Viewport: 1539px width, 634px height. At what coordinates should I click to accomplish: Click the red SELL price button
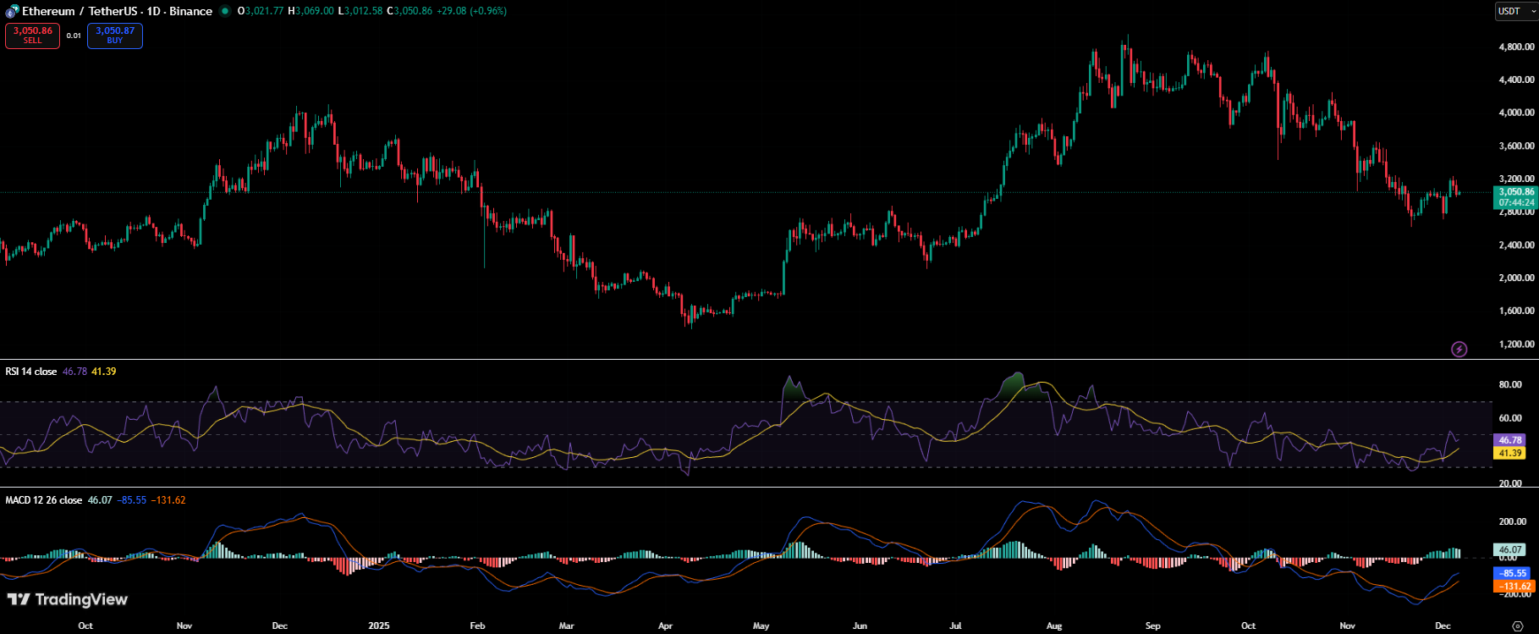click(x=32, y=36)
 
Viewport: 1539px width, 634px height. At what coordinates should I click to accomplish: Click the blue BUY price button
click(x=115, y=36)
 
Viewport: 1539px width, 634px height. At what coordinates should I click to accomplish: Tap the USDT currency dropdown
click(x=1515, y=11)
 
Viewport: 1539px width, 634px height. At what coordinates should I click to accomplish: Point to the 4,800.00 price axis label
click(x=1516, y=47)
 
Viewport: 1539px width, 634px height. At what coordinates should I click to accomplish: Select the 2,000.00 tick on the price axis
click(x=1516, y=278)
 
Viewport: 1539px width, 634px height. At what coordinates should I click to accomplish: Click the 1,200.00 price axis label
click(x=1516, y=345)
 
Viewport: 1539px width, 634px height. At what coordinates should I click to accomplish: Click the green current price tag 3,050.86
click(x=1516, y=192)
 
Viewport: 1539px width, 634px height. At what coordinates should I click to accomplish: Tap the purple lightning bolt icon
click(x=1459, y=349)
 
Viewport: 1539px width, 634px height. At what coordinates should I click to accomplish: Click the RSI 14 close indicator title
click(x=31, y=372)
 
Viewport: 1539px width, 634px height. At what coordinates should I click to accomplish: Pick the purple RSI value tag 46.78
click(x=1510, y=440)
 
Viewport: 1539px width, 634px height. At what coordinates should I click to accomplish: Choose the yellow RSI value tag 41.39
click(x=1510, y=453)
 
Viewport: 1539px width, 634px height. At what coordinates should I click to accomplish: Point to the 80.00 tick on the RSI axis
click(x=1510, y=385)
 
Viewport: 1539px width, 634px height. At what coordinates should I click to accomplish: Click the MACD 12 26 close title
click(x=44, y=500)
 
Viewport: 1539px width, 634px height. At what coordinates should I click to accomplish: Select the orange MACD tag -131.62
click(x=1515, y=586)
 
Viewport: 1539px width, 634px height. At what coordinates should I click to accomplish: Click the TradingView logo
click(x=68, y=599)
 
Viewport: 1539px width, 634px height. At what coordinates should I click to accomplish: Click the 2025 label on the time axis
click(x=379, y=626)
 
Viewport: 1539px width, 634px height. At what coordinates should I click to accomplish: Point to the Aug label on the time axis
click(x=1054, y=626)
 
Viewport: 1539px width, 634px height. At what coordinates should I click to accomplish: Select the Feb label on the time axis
click(x=477, y=626)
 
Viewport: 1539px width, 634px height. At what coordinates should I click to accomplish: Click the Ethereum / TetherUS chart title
click(x=117, y=11)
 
